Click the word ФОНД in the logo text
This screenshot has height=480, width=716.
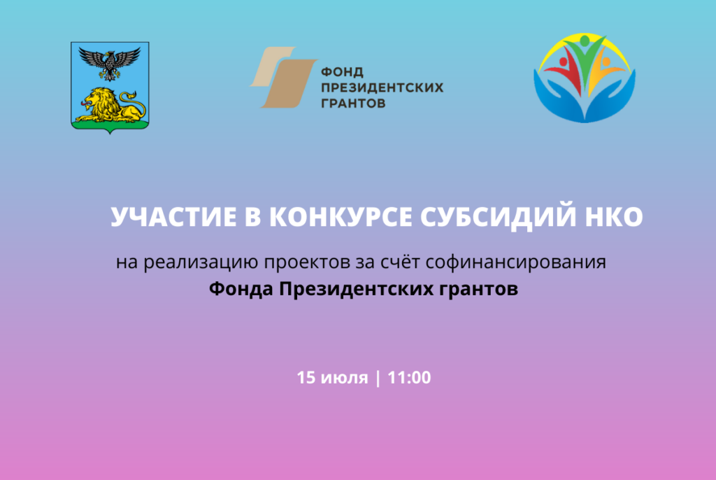point(342,72)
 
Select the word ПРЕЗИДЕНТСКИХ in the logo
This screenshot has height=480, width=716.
point(382,87)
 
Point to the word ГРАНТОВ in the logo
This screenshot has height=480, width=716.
point(353,104)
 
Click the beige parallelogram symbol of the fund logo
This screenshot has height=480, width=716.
point(283,77)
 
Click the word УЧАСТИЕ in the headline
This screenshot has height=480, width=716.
point(173,217)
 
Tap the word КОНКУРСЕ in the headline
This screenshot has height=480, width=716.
point(341,217)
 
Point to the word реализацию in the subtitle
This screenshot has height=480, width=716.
point(201,263)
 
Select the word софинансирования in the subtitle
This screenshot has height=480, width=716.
point(515,263)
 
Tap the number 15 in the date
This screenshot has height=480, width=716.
point(306,378)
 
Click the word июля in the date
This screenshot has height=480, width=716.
point(344,379)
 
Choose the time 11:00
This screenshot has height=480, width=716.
point(409,378)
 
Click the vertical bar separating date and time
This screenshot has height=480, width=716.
point(378,378)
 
